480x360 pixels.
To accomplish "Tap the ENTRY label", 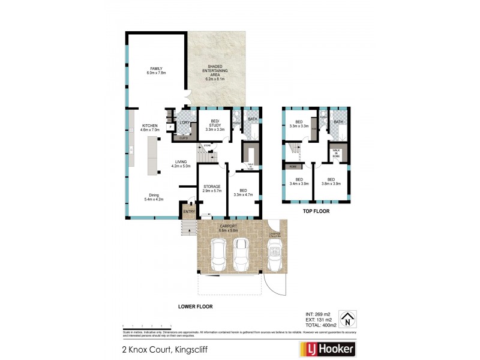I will [x=189, y=211].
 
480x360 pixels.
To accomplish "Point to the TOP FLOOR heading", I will [x=316, y=212].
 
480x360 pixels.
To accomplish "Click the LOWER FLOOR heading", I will [x=195, y=306].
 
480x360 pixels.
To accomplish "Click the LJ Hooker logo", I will [x=327, y=349].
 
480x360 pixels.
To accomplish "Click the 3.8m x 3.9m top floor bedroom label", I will [x=331, y=182].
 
